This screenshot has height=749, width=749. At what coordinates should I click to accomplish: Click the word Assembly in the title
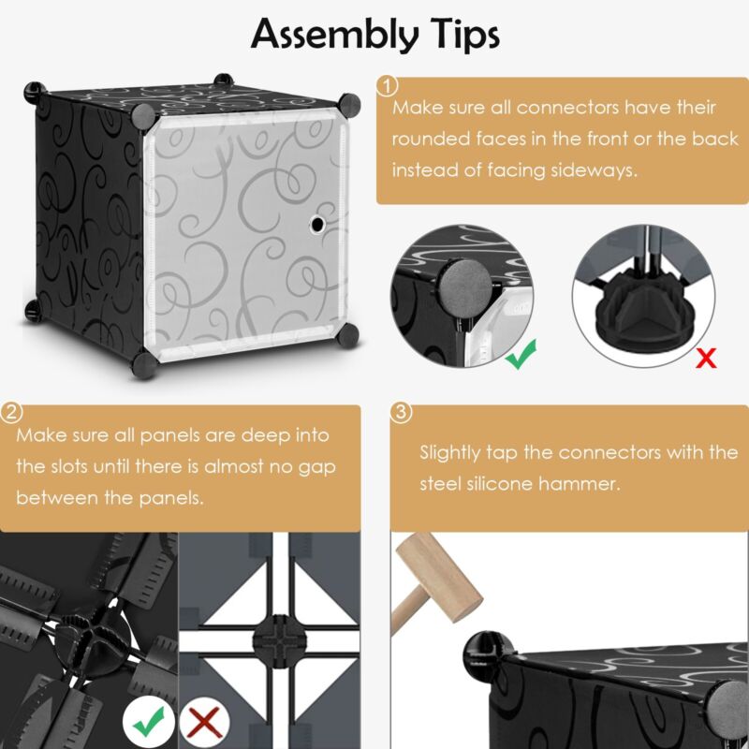[x=334, y=35]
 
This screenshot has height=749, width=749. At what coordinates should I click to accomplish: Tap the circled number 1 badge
[x=388, y=86]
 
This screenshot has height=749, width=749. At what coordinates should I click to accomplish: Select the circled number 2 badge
[x=11, y=413]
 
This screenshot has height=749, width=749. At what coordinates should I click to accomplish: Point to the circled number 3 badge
[x=402, y=413]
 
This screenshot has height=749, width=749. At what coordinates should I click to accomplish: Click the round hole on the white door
[x=316, y=224]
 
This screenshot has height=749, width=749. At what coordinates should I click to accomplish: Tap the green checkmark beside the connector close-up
[x=521, y=354]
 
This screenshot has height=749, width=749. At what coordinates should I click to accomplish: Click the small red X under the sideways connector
[x=706, y=358]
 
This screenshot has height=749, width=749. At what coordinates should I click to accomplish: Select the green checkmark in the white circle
[x=149, y=721]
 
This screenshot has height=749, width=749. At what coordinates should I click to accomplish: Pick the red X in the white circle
[x=204, y=722]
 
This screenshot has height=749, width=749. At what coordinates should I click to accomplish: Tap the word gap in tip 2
[x=316, y=467]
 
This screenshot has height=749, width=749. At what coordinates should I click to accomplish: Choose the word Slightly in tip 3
[x=449, y=452]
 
